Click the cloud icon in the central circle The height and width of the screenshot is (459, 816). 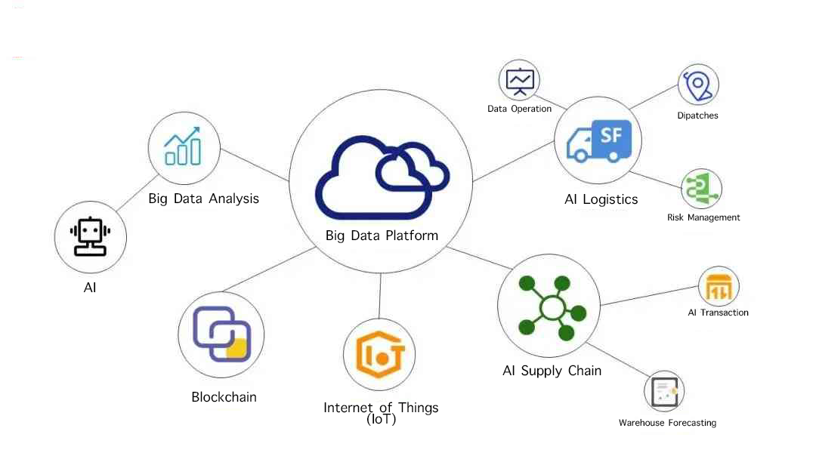pyautogui.click(x=382, y=177)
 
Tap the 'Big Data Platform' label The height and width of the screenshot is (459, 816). pyautogui.click(x=382, y=236)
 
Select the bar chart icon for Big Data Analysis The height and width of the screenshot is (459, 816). pyautogui.click(x=183, y=146)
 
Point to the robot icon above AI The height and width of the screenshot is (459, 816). pyautogui.click(x=90, y=236)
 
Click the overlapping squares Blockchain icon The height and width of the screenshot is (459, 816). pyautogui.click(x=221, y=334)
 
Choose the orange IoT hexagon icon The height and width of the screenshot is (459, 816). pyautogui.click(x=379, y=355)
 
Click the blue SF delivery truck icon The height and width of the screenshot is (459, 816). pyautogui.click(x=598, y=141)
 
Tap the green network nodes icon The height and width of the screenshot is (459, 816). pyautogui.click(x=552, y=308)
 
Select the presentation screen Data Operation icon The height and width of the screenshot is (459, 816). pyautogui.click(x=520, y=81)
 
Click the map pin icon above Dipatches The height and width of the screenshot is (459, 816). pyautogui.click(x=698, y=85)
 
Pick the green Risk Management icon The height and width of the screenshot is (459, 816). pyautogui.click(x=701, y=189)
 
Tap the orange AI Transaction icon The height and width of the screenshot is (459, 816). pyautogui.click(x=719, y=287)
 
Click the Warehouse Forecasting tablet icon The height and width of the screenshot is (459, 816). pyautogui.click(x=665, y=392)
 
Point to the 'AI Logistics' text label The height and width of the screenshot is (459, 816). pyautogui.click(x=601, y=199)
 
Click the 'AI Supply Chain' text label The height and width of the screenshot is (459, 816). pyautogui.click(x=552, y=371)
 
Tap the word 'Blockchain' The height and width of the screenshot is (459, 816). pyautogui.click(x=224, y=397)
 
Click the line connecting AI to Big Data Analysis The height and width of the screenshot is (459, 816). pyautogui.click(x=138, y=193)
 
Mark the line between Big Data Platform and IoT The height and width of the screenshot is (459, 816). pyautogui.click(x=380, y=296)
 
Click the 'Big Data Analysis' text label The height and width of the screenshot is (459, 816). pyautogui.click(x=203, y=199)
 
